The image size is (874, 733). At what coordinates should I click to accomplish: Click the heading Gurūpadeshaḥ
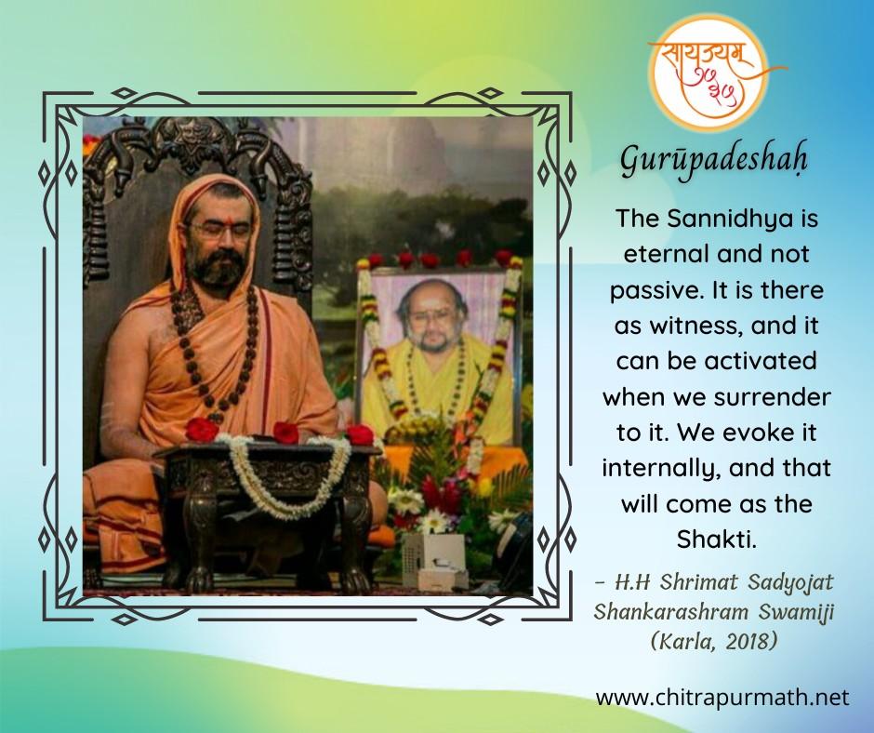pos(714,160)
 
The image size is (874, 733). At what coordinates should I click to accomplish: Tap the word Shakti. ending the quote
pos(717,539)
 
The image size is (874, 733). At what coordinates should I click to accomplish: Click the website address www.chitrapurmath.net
pos(722,698)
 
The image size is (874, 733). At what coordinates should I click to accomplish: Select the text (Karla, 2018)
pos(714,642)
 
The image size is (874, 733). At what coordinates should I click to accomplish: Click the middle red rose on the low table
pos(285,433)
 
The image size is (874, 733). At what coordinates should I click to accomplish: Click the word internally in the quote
pos(658,469)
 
